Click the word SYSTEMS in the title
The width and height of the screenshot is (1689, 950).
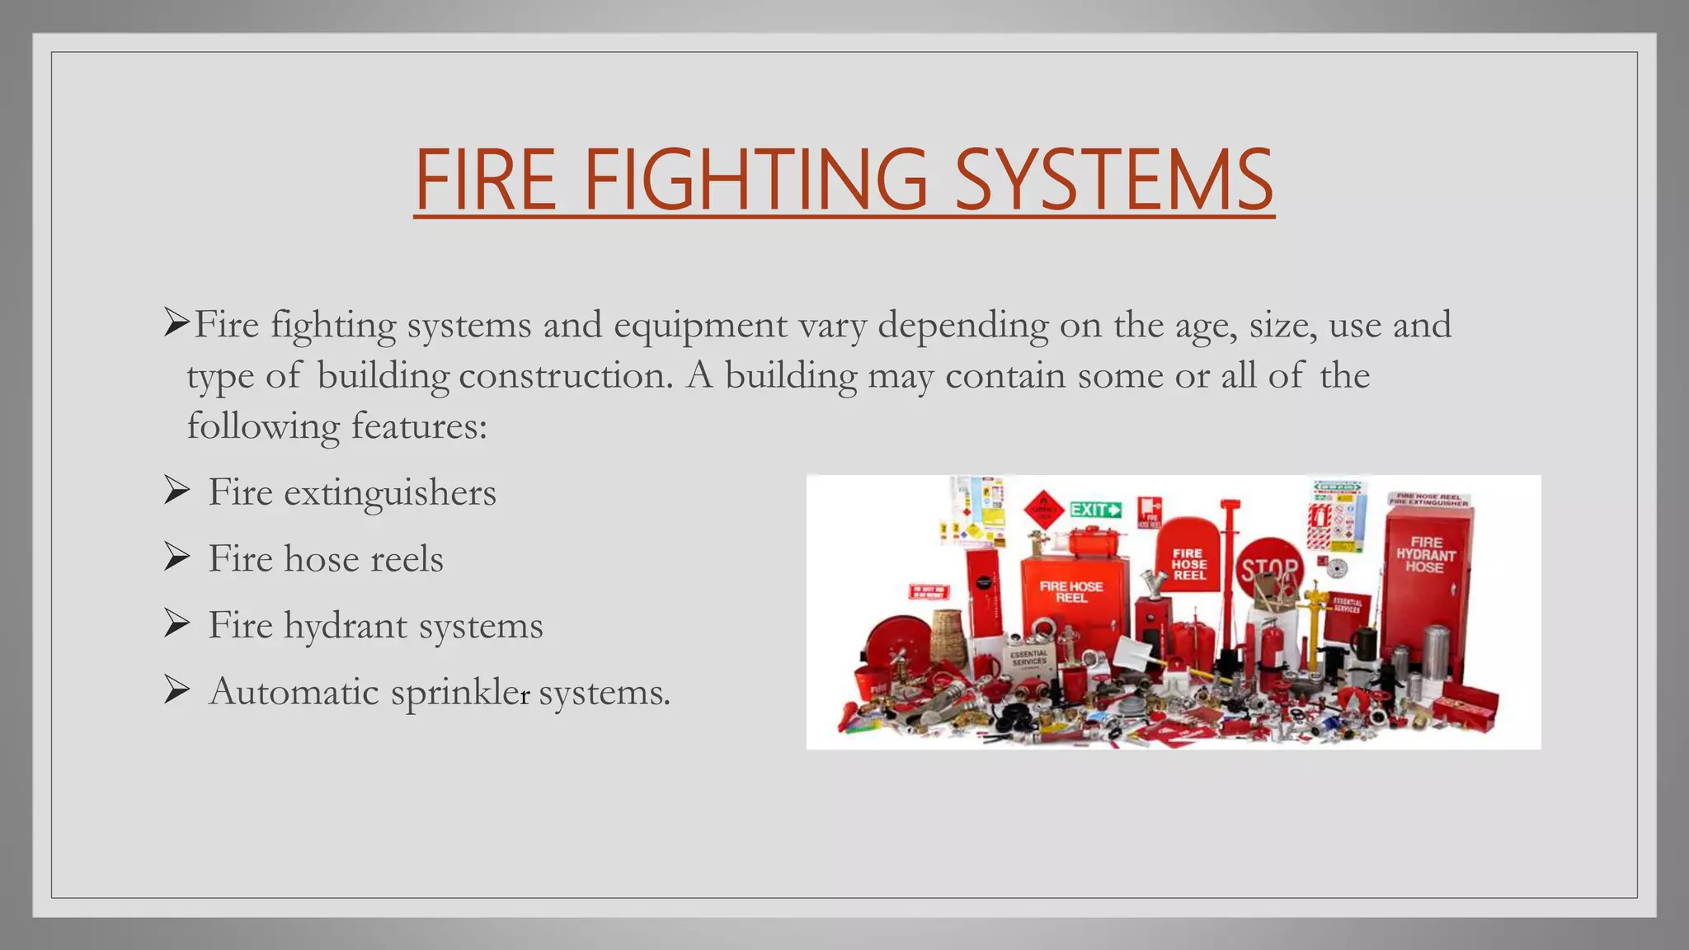click(x=1113, y=180)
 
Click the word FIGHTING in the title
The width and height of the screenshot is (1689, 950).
click(x=755, y=180)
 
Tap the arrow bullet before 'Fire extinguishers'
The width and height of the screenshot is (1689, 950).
click(x=176, y=491)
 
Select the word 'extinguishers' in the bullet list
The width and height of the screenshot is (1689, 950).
click(x=390, y=493)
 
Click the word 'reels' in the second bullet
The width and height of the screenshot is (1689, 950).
click(x=407, y=559)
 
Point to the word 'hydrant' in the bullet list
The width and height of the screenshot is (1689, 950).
click(x=346, y=626)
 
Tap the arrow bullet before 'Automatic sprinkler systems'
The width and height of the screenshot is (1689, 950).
click(x=176, y=690)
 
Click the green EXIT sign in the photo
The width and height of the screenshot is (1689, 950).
click(x=1096, y=510)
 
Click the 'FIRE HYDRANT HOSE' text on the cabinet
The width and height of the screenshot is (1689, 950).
click(x=1425, y=554)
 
